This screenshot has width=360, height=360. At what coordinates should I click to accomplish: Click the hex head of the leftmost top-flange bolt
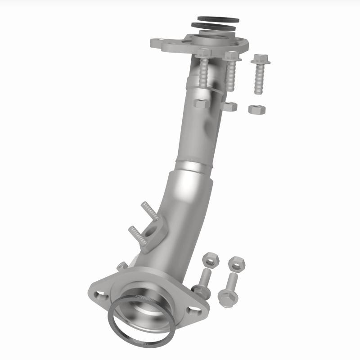(204, 53)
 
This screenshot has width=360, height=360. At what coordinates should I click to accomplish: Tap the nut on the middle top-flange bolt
(230, 106)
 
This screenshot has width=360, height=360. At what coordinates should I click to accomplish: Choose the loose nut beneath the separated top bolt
(257, 109)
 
